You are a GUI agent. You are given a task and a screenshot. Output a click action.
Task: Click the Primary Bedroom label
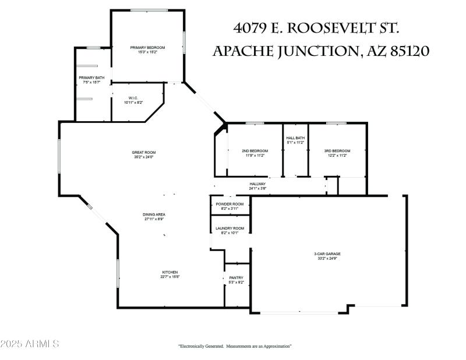147,47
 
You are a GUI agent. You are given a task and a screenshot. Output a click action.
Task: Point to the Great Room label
143,153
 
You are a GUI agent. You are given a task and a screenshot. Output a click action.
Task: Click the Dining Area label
154,214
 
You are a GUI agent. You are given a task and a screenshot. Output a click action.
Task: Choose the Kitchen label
170,272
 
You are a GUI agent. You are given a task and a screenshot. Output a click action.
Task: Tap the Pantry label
236,278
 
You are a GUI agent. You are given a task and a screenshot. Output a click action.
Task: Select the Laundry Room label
230,228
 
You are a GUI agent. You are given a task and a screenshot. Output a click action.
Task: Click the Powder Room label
230,204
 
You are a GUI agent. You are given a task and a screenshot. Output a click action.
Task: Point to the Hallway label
257,184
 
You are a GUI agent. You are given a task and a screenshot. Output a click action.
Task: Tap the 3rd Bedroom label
337,151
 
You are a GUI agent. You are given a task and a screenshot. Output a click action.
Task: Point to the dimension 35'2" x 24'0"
143,157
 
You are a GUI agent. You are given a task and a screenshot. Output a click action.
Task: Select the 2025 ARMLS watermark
30,344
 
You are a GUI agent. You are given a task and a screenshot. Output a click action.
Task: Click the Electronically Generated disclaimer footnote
235,346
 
